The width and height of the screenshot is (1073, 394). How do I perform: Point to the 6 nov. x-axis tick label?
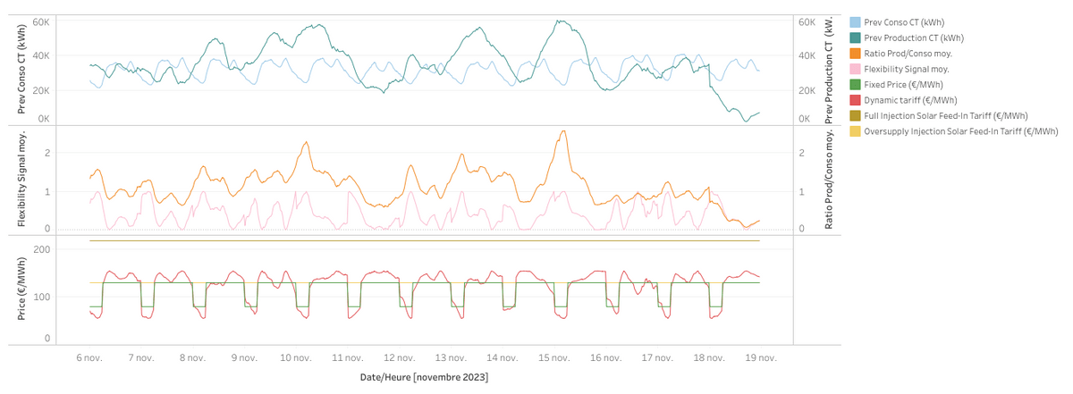click(89, 357)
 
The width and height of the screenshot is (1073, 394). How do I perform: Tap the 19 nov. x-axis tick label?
click(760, 357)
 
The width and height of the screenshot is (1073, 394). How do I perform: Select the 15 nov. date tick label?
click(553, 357)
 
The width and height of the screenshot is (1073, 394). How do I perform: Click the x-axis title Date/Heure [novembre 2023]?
click(424, 378)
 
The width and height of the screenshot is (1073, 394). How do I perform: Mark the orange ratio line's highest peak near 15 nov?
click(562, 131)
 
